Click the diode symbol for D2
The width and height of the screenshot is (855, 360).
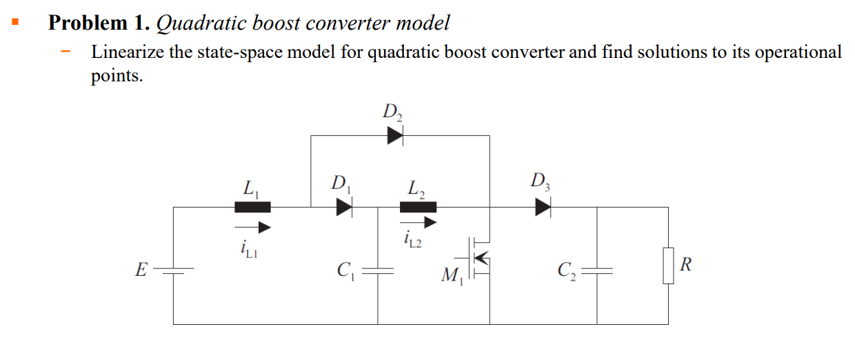coord(394,136)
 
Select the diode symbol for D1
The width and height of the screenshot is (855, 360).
coord(344,207)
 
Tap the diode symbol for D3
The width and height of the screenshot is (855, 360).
coord(543,207)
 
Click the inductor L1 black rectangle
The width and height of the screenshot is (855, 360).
coord(252,207)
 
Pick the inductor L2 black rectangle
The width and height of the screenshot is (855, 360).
coord(418,207)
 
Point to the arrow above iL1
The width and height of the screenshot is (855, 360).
coord(252,226)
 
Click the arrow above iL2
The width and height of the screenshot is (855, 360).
coord(419,222)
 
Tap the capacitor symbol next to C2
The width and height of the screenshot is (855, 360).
coord(597,270)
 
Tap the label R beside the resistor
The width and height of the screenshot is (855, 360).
coord(685,263)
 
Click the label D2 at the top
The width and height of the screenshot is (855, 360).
coord(392,112)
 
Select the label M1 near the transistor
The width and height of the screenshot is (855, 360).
coord(450,277)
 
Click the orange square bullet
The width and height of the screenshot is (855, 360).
coord(14,23)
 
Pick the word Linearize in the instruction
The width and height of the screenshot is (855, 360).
coord(128,52)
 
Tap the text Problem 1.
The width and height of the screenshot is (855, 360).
coord(99,23)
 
